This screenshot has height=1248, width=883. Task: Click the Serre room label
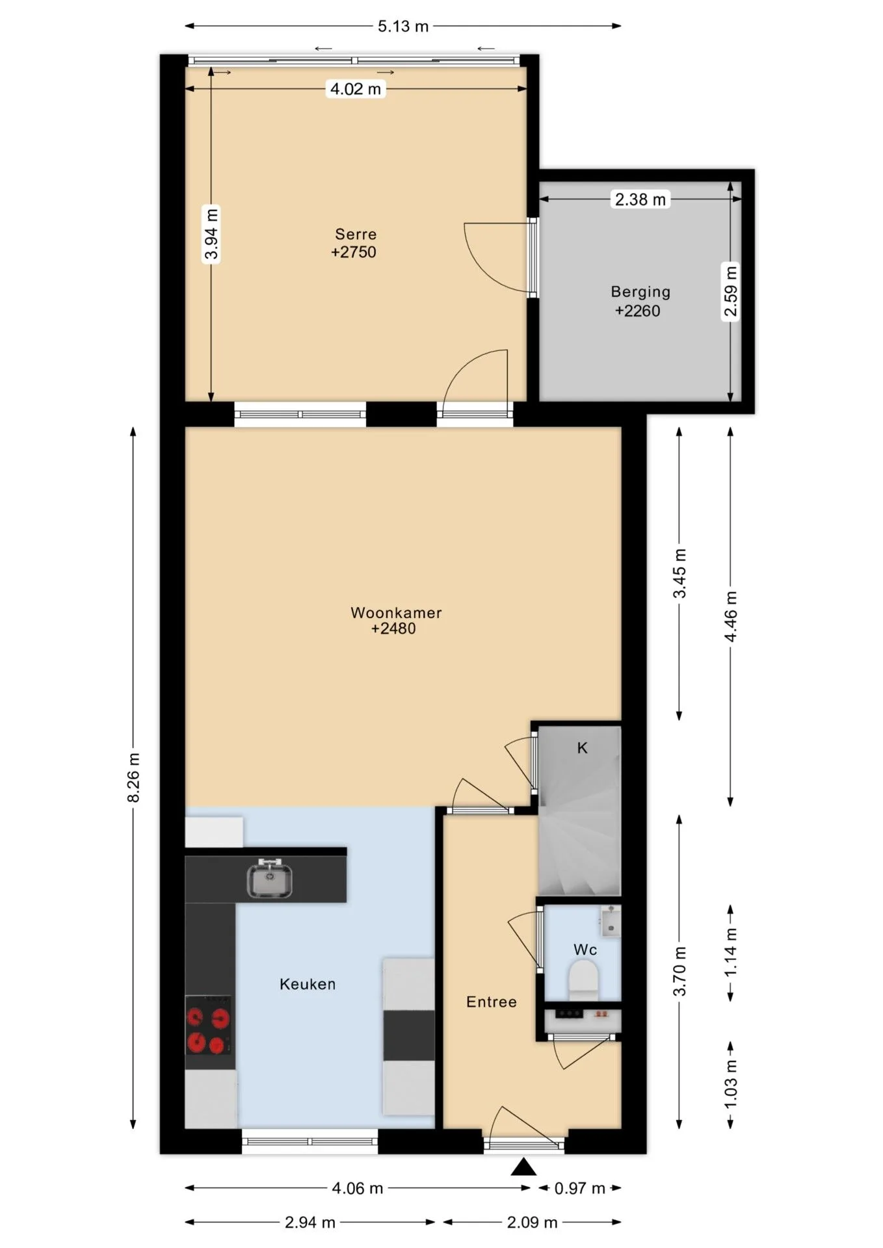356,234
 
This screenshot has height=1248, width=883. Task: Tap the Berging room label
640,292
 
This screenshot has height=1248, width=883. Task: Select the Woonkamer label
396,612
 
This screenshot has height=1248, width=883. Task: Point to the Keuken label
308,984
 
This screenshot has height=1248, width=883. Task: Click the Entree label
492,1002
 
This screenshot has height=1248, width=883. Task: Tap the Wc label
585,950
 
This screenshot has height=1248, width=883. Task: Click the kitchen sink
269,877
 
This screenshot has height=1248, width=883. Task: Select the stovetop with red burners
209,1026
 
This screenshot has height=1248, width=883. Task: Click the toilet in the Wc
583,980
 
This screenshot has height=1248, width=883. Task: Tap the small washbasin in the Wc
610,921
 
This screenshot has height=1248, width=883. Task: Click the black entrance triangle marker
523,1167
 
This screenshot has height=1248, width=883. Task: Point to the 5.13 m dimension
403,26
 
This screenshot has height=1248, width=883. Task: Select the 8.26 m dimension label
134,777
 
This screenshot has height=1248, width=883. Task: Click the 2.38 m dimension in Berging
640,200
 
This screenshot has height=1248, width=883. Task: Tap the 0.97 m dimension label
579,1188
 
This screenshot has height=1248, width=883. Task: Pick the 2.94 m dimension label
310,1223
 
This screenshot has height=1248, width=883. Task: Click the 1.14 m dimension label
731,951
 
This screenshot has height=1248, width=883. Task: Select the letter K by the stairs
582,748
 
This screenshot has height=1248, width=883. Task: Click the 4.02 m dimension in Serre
355,89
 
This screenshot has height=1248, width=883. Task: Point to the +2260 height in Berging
637,311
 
